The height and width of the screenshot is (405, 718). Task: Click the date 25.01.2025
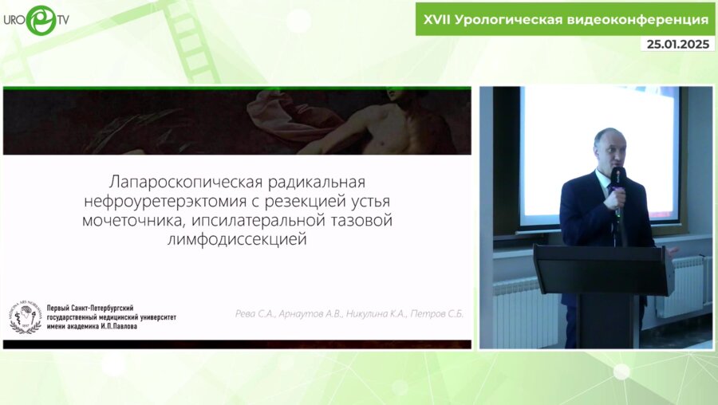[x=677, y=45]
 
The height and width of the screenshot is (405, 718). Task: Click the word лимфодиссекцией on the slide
[x=237, y=238]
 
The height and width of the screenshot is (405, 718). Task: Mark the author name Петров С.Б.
[x=437, y=314]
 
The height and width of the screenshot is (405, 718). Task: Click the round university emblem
[x=25, y=317]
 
